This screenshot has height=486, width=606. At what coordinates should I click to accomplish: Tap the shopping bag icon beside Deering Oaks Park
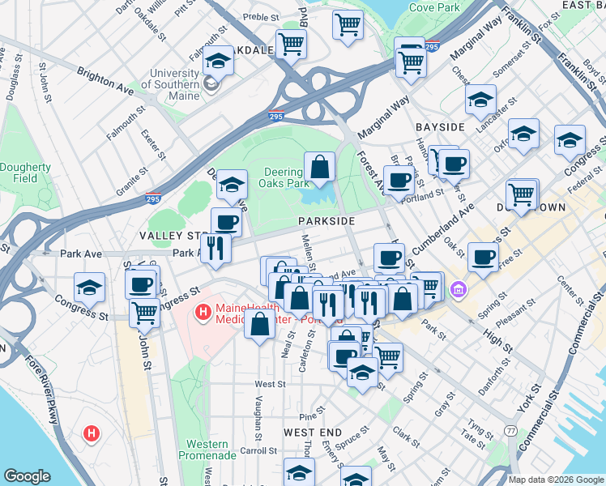320,167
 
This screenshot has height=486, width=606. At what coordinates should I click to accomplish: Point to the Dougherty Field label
25,173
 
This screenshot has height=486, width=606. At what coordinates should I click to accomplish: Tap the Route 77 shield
511,430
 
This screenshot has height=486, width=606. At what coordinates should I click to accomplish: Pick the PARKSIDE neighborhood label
326,221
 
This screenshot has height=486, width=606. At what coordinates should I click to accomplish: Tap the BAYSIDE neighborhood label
440,127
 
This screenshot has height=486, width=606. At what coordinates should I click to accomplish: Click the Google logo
27,476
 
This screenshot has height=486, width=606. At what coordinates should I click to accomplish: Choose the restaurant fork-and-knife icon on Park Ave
216,247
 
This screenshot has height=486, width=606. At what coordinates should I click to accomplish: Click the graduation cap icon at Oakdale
218,60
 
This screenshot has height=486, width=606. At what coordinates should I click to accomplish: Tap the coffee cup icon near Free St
484,258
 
